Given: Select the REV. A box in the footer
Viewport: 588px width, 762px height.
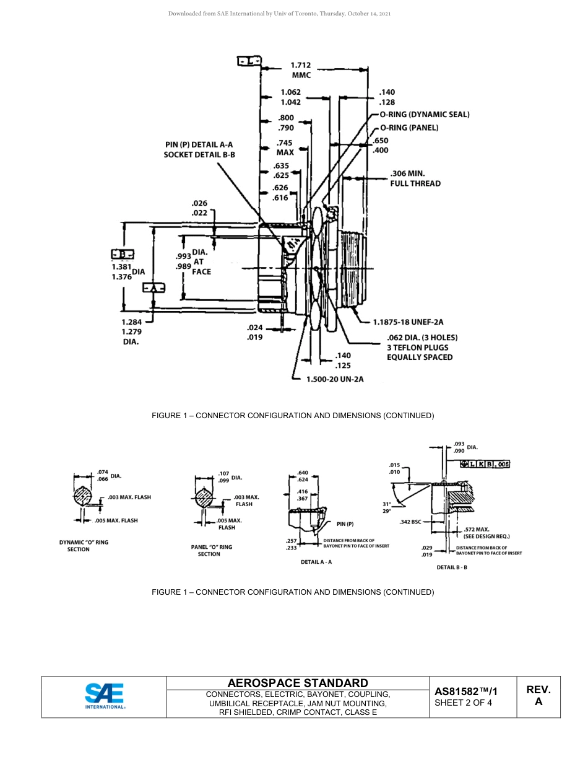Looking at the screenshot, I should tap(538, 696).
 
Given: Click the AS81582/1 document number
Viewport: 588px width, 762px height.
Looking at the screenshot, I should tap(465, 691).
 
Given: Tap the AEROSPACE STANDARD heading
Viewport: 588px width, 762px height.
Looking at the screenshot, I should tap(297, 683).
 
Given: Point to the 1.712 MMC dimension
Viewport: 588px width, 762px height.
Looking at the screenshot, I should tap(301, 69).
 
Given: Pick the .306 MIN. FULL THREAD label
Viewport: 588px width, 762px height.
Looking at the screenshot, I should tap(415, 178).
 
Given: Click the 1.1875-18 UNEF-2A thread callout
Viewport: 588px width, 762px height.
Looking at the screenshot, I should tap(408, 322).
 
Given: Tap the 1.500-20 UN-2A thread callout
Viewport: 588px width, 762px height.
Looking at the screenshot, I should tap(335, 379).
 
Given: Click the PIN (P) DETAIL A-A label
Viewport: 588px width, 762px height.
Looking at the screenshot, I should tap(199, 144).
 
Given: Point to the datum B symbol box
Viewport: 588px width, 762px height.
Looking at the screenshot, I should tap(123, 254).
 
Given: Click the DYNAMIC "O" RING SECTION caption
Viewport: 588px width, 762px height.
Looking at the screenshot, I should tap(84, 546).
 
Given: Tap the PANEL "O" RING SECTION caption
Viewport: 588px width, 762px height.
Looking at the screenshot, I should tap(211, 551).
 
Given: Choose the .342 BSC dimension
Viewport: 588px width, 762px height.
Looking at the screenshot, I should tap(410, 522).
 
